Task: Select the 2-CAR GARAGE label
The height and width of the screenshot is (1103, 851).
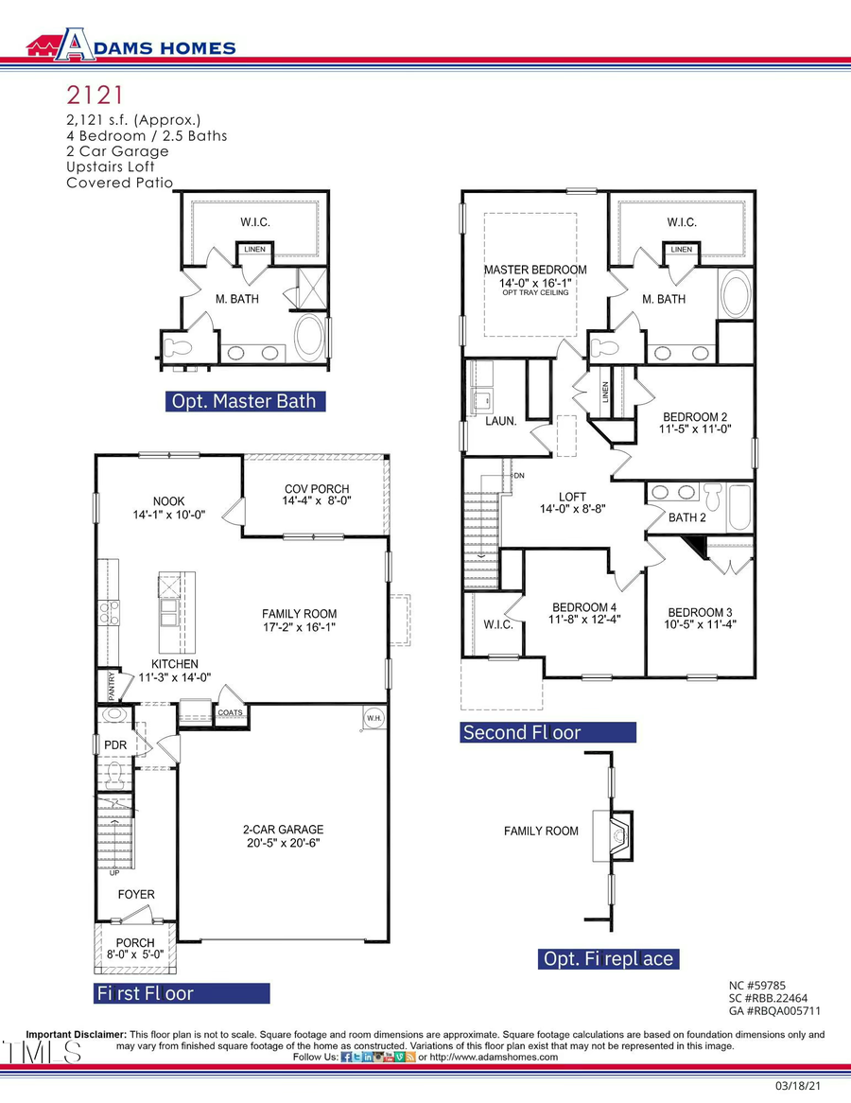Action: pos(283,829)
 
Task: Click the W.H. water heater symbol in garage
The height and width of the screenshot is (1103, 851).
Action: pos(373,720)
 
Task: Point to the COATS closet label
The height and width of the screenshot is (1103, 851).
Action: pos(231,713)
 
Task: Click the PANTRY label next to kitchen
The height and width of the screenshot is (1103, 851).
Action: pos(113,683)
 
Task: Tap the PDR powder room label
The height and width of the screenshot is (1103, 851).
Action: pos(115,745)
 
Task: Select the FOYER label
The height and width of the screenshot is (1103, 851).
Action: pos(135,894)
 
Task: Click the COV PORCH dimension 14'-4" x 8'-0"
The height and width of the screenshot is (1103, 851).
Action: pos(316,501)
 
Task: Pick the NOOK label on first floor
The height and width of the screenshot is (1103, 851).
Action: pos(169,501)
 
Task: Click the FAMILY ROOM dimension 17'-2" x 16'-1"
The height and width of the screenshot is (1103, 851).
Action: pos(299,627)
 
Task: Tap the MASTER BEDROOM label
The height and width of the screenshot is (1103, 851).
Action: pos(535,270)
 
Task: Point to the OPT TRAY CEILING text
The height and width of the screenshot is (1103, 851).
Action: pos(535,293)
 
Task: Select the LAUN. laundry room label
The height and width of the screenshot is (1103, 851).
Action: pos(501,421)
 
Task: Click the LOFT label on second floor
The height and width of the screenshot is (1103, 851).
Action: pos(572,496)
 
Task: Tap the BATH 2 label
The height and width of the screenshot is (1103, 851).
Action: pos(687,517)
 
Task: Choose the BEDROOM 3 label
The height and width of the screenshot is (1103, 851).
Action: pos(700,612)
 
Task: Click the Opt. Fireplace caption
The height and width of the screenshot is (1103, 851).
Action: pos(608,959)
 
